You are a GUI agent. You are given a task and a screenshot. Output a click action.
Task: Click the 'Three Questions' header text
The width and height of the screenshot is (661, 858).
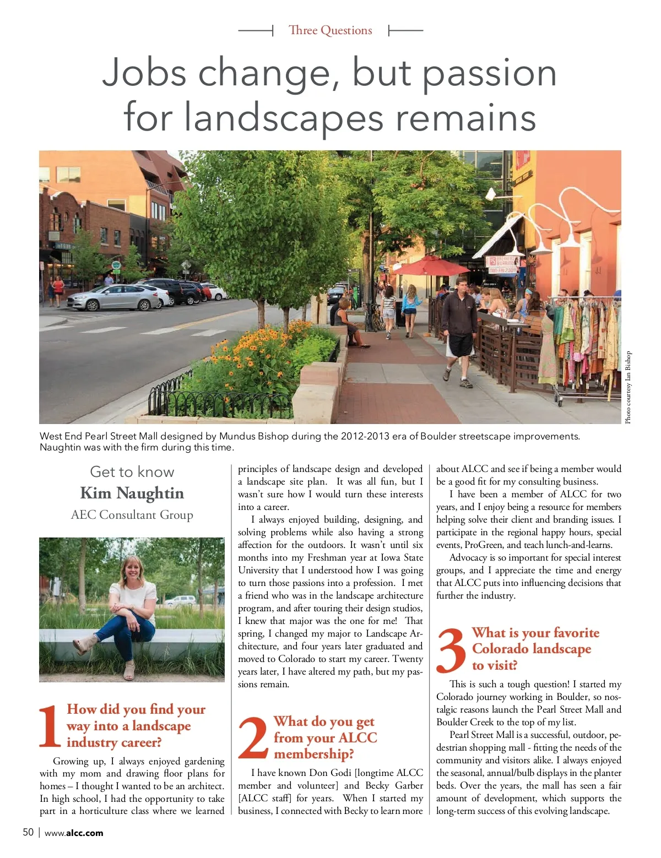[330, 30]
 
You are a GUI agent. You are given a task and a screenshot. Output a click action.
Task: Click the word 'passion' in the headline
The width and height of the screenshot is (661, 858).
[489, 73]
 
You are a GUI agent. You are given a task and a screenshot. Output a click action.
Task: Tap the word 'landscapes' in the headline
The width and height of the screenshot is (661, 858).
[283, 118]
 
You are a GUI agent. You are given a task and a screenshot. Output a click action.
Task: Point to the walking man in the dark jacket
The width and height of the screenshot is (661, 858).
[459, 330]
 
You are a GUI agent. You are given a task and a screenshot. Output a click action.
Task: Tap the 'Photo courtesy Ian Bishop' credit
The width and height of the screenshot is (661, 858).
[628, 387]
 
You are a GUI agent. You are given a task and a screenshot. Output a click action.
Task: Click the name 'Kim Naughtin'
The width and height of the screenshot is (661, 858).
[132, 493]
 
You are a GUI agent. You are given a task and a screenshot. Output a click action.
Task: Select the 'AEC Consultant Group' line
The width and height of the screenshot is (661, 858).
[132, 515]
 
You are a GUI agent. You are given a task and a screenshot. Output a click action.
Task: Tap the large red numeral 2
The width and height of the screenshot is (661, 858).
[253, 738]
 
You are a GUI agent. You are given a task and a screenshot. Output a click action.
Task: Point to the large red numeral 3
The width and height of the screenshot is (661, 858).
[451, 650]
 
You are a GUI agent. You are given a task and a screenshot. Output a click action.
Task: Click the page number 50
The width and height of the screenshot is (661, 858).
[28, 832]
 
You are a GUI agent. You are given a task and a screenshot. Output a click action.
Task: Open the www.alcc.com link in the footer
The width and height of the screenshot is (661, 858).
[74, 833]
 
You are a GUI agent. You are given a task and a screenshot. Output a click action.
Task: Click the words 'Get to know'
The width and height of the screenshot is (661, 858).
[132, 472]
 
